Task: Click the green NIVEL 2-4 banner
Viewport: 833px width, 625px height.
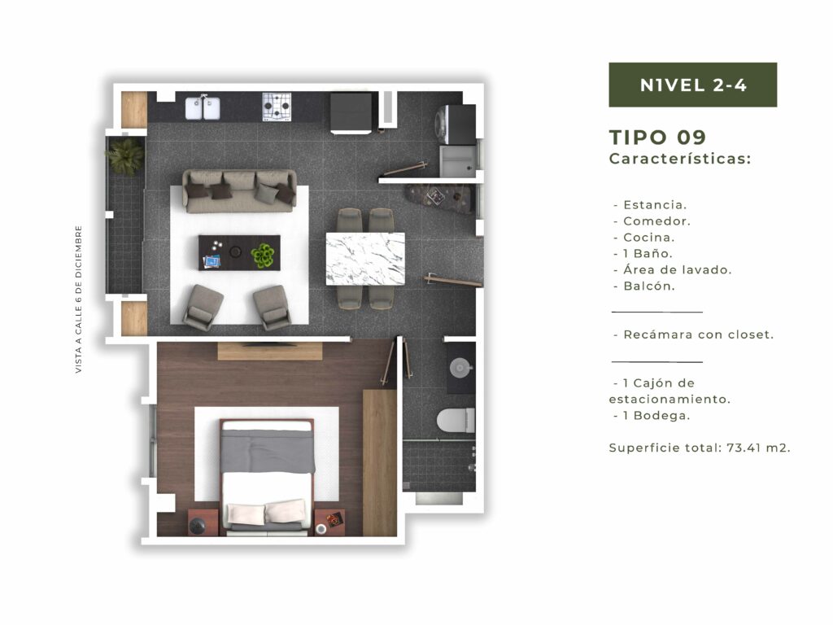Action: [x=693, y=85]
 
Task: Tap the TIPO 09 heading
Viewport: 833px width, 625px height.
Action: [x=657, y=137]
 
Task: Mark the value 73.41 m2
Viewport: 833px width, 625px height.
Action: [x=758, y=448]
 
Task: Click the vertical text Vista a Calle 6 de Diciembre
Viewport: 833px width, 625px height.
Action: [x=79, y=299]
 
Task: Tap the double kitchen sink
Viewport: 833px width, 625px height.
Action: [x=203, y=108]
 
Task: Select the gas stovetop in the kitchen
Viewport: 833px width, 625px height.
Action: [x=277, y=107]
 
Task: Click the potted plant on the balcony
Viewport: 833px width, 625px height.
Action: [x=125, y=156]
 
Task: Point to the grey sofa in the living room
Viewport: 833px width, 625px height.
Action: [x=240, y=191]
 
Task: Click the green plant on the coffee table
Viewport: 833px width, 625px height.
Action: [x=263, y=255]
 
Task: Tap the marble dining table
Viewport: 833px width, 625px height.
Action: [x=365, y=259]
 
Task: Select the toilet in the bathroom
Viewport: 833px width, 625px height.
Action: [x=456, y=420]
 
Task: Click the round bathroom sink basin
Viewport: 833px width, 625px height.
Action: [x=460, y=368]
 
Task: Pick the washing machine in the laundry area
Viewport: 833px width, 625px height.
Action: [x=455, y=125]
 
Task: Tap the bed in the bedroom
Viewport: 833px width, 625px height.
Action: [x=267, y=476]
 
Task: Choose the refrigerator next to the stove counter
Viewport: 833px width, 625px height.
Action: [x=351, y=112]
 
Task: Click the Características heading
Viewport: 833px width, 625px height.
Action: [x=680, y=159]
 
